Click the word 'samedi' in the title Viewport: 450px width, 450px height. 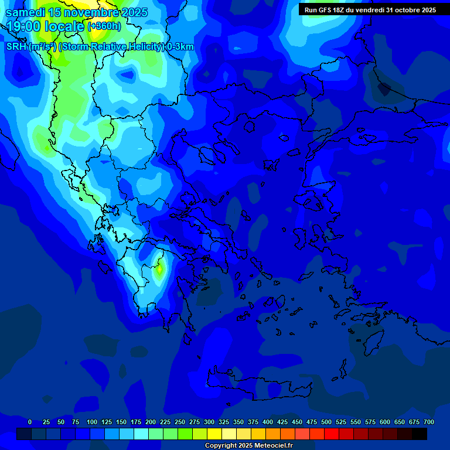(25, 12)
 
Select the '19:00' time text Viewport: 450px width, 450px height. (23, 26)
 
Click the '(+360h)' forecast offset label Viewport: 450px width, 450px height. (104, 26)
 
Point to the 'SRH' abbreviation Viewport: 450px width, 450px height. (16, 47)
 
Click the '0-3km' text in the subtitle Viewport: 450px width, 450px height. (180, 47)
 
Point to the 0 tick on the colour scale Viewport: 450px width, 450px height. (30, 422)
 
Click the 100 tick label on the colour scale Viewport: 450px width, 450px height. (92, 422)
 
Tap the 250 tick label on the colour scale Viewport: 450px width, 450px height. (180, 422)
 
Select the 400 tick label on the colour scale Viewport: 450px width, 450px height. (268, 422)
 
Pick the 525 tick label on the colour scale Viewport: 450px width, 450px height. (341, 422)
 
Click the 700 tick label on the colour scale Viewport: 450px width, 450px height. (429, 422)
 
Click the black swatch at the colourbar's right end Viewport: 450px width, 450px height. (420, 434)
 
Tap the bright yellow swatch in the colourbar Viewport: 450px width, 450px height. (214, 434)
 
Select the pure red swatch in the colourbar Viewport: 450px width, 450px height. (332, 434)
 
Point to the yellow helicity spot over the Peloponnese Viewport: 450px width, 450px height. (159, 270)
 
